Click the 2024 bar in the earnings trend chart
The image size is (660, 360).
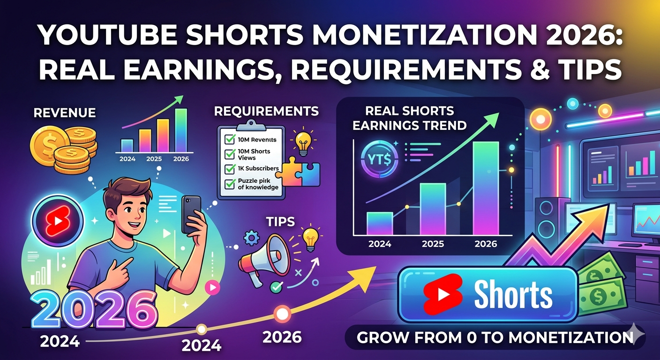[x=379, y=224]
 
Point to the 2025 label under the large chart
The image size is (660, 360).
[x=433, y=244]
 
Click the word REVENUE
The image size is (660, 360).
[x=65, y=113]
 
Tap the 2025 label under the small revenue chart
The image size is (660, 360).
[x=154, y=158]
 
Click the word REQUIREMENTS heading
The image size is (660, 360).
[x=266, y=111]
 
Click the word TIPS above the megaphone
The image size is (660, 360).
[x=278, y=221]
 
